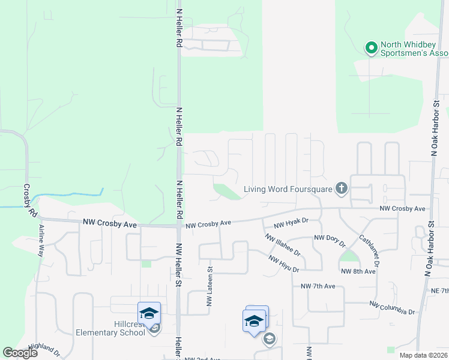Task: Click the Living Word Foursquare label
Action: pyautogui.click(x=288, y=190)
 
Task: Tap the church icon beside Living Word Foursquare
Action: pyautogui.click(x=342, y=190)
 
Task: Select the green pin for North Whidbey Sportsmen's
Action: pyautogui.click(x=372, y=47)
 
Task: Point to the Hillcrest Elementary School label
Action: pyautogui.click(x=110, y=328)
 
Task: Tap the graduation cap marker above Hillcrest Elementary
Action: pyautogui.click(x=149, y=313)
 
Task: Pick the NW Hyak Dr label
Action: pyautogui.click(x=291, y=223)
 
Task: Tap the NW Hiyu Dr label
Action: pyautogui.click(x=283, y=263)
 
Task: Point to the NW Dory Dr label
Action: pyautogui.click(x=330, y=241)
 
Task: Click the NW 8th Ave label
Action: pyautogui.click(x=358, y=271)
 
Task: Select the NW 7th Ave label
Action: pyautogui.click(x=318, y=286)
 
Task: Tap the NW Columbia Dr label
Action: pyautogui.click(x=392, y=308)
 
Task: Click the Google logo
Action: pyautogui.click(x=20, y=352)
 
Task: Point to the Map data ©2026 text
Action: pyautogui.click(x=423, y=355)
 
